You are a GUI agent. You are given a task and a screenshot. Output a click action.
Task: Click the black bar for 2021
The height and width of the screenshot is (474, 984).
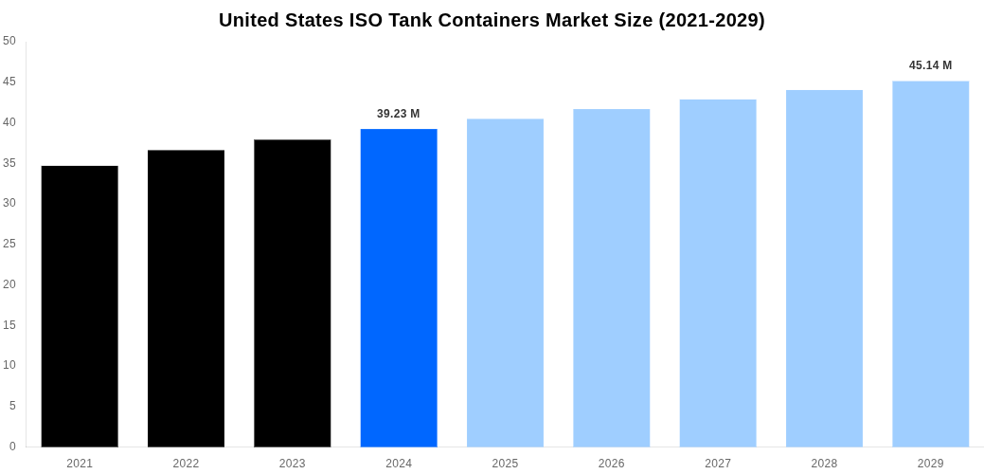80,306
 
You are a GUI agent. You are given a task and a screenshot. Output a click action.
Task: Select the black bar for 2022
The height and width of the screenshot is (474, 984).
186,299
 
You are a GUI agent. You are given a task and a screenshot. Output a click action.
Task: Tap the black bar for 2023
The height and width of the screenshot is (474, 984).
293,293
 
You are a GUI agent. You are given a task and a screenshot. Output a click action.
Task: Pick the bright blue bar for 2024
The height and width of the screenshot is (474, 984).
399,288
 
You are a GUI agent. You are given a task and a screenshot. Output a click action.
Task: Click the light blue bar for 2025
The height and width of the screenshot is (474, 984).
505,283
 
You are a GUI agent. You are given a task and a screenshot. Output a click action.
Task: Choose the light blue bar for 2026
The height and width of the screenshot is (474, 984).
612,278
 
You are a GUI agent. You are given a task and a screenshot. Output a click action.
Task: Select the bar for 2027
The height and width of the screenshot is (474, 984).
718,273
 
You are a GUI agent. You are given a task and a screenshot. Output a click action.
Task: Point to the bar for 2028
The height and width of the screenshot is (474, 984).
824,268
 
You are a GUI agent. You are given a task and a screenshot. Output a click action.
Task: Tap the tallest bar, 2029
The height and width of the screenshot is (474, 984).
930,264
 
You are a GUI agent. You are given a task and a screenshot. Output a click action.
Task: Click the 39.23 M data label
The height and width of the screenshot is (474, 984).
398,114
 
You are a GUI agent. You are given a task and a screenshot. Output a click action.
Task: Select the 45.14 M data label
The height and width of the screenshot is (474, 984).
930,65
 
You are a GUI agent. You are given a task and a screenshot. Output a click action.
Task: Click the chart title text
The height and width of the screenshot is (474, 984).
492,20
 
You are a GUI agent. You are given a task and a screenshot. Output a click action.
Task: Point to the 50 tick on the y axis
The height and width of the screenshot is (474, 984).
9,41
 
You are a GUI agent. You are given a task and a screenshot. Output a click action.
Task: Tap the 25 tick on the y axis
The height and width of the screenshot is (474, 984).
9,244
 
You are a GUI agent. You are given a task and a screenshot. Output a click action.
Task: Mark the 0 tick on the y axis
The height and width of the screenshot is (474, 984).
12,447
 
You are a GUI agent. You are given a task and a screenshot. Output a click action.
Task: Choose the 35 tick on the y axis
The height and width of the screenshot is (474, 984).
9,163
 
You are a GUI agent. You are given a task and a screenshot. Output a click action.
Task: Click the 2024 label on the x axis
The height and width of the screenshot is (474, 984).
399,464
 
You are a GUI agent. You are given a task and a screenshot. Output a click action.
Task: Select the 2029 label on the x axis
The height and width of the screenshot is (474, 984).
930,464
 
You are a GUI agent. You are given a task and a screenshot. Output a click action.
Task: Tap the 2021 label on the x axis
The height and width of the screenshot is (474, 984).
80,464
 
